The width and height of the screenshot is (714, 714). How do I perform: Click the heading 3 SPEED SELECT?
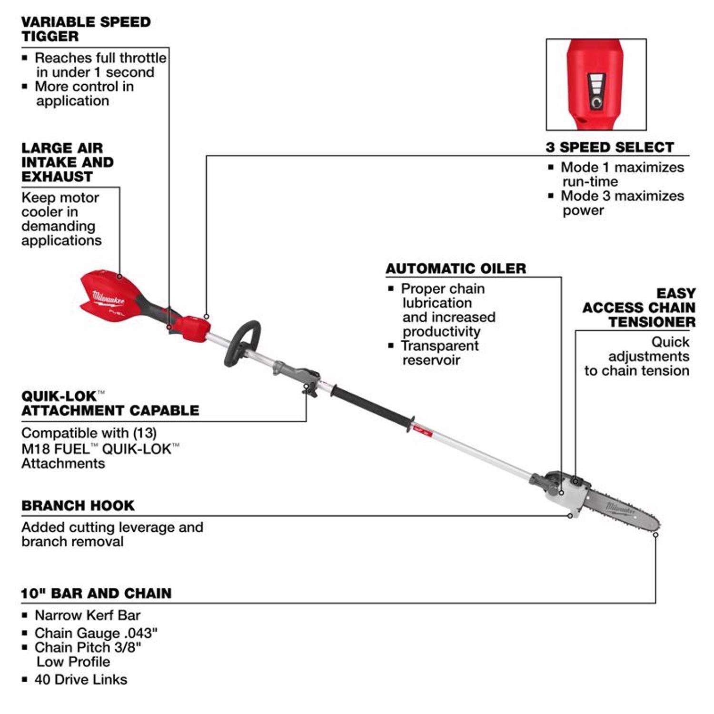610,147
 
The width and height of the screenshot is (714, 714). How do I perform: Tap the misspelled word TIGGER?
50,36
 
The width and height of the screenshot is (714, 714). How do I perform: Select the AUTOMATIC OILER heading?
456,268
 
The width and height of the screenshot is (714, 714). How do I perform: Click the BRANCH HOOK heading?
78,506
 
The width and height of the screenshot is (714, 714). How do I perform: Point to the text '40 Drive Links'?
81,679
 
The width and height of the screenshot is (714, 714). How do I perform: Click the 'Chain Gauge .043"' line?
96,633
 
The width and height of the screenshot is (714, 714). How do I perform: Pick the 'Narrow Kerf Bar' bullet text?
88,615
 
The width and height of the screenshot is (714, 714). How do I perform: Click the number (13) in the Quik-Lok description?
145,433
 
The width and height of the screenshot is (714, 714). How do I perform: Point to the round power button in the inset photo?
596,102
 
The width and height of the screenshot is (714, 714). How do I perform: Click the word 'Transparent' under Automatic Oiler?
439,346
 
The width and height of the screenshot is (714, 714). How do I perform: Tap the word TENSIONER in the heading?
652,322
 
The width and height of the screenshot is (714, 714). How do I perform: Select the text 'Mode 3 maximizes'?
622,196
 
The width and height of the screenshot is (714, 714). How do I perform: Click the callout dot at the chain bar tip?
655,535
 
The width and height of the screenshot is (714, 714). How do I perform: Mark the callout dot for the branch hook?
570,516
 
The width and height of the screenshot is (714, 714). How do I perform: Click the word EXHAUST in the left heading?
57,177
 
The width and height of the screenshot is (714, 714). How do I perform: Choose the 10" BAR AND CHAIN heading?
96,593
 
